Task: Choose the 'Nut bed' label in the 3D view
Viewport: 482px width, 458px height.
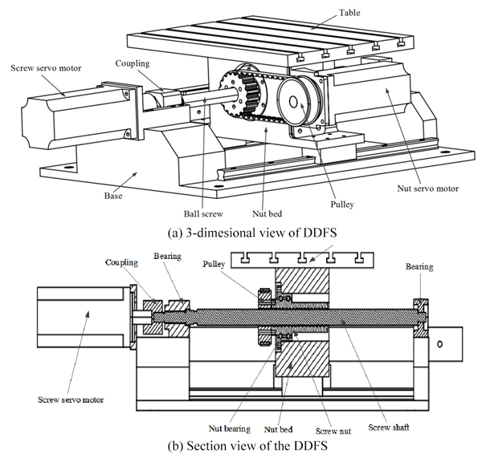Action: click(266, 214)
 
